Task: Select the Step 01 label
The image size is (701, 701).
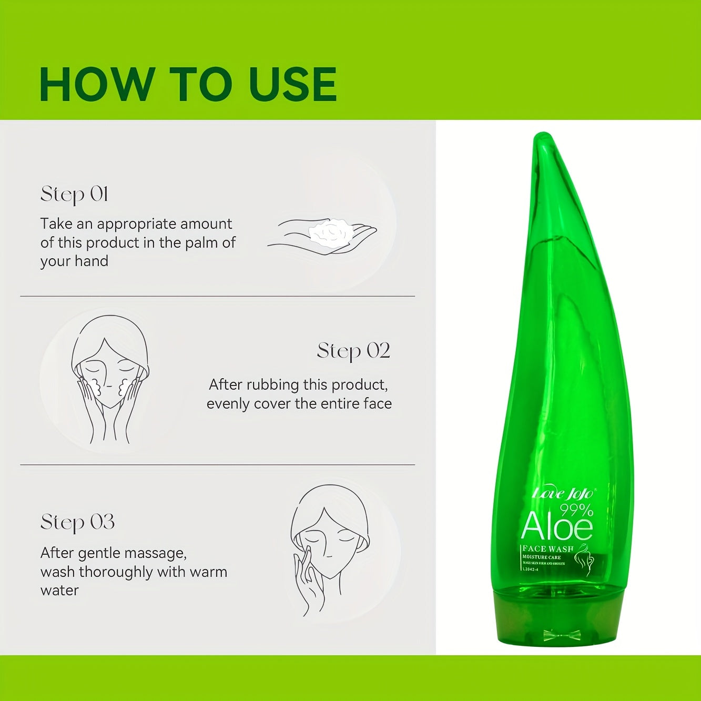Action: pos(74,195)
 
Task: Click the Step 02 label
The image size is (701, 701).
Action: pos(353,351)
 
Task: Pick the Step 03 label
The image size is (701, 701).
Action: pos(77,522)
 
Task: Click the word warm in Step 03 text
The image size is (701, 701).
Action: pos(209,572)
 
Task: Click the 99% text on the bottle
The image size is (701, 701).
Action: pos(576,509)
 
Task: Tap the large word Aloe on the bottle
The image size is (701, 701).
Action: pos(556,526)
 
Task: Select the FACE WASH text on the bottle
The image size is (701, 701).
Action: pos(547,548)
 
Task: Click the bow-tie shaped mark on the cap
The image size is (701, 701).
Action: pos(562,635)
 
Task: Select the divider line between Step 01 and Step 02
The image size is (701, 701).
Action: pos(217,296)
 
